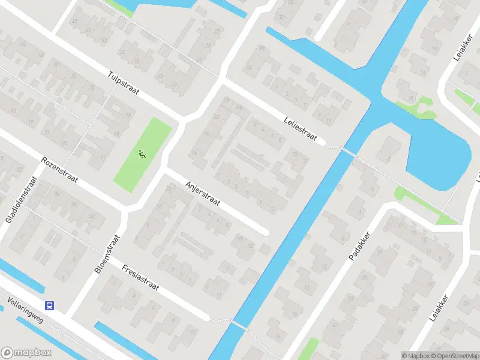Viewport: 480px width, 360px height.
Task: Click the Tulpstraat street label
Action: tap(124, 83)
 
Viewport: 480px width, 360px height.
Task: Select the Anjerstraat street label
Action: tap(203, 193)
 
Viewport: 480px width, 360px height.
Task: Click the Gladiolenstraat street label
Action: tap(22, 200)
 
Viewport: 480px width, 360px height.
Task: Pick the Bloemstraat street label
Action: tap(107, 255)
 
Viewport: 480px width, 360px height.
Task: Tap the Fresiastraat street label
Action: tap(140, 278)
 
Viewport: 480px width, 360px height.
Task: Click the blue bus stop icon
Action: tap(50, 305)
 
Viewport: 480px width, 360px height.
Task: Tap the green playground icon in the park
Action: tap(142, 154)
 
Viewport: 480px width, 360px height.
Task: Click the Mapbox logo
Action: tap(26, 353)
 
